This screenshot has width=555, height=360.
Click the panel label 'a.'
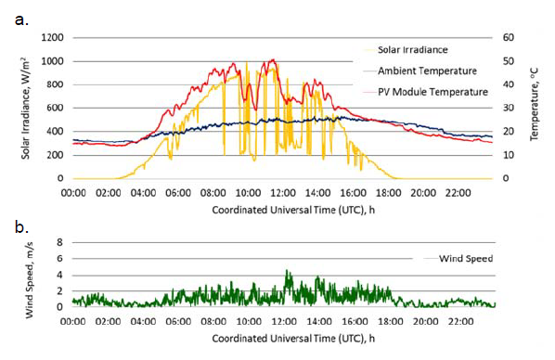(21, 16)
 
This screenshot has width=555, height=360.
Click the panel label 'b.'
(21, 226)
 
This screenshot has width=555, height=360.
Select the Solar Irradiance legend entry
(410, 49)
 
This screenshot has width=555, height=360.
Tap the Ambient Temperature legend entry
(420, 71)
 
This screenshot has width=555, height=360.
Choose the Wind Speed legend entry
(467, 259)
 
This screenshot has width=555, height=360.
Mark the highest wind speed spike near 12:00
(288, 272)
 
